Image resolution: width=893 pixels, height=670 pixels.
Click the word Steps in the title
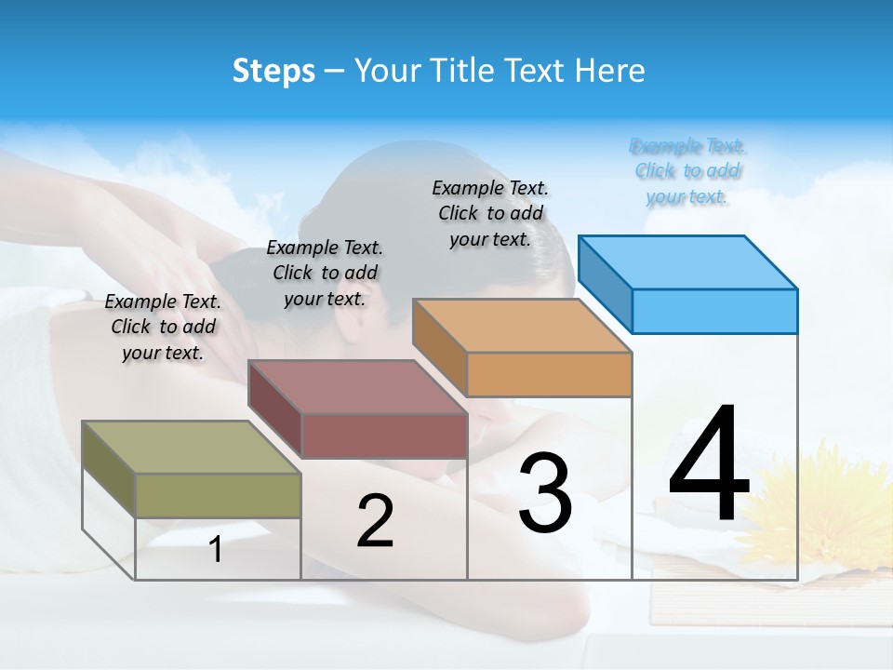273,71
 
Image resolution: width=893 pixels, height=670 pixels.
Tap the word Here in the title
610,71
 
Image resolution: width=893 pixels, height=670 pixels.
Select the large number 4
710,464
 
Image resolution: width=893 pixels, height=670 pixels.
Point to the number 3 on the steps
545,493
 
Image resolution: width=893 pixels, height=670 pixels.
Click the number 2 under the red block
376,521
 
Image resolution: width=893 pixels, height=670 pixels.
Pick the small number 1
216,550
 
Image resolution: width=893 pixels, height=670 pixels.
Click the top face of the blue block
688,261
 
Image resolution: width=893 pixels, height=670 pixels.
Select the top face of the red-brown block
357,386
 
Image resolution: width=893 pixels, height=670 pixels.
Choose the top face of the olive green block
192,448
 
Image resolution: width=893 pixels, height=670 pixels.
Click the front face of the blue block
714,311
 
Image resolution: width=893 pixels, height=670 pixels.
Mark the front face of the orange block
549,374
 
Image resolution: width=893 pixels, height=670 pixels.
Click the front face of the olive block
218,495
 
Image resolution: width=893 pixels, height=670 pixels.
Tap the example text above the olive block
163,327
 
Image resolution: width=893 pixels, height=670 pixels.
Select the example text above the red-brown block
325,273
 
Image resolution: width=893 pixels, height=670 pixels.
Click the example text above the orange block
490,213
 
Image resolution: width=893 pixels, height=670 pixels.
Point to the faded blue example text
687,171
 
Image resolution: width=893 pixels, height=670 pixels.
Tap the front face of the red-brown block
383,435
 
